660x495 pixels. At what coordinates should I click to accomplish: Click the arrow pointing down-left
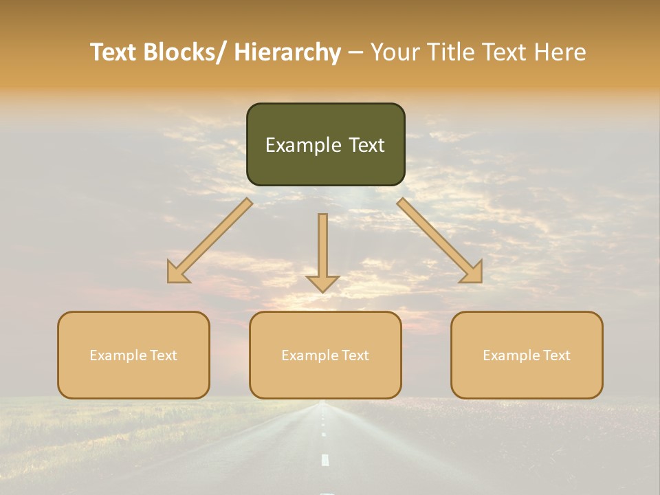point(213,238)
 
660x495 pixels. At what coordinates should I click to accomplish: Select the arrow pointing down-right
point(436,237)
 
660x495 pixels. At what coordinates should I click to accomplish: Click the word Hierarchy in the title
point(287,52)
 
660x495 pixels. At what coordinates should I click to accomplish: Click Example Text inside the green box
point(325,145)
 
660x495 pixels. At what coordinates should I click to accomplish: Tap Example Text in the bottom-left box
point(133,355)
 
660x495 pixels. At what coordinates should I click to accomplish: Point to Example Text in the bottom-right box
point(527,355)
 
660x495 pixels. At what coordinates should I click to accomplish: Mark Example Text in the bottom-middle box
point(325,355)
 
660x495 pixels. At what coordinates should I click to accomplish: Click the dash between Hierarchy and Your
point(355,53)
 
